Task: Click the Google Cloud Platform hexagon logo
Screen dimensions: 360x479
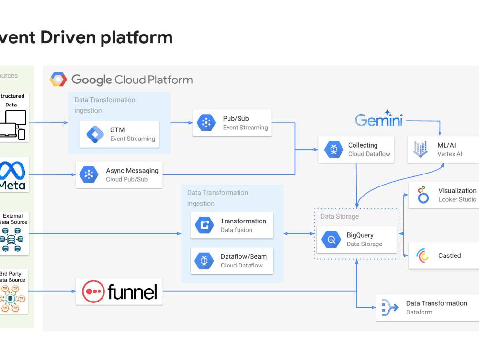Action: [58, 80]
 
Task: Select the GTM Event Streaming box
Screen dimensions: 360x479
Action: [119, 134]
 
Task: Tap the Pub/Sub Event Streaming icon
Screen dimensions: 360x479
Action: [206, 123]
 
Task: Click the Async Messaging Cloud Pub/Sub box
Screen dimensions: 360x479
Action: [119, 174]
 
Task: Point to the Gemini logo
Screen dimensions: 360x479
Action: [379, 119]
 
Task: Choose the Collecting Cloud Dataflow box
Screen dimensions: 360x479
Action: [356, 150]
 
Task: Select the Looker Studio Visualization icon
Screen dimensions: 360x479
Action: [423, 195]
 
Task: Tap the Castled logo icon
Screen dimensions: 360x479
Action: [423, 255]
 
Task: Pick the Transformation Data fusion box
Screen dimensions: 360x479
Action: [232, 225]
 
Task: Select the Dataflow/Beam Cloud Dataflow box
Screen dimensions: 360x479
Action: [232, 261]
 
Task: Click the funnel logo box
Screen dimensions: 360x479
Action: [119, 291]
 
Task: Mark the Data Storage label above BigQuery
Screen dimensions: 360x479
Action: [340, 217]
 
